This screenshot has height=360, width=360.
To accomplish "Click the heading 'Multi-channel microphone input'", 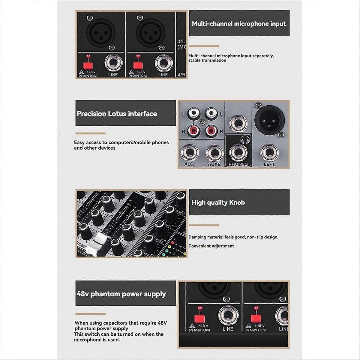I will pos(239,24).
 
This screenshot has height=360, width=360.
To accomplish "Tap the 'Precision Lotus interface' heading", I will pos(117,114).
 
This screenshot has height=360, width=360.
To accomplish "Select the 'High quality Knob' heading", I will pos(218,202).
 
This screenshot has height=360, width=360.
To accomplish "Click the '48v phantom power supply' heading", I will pos(121,294).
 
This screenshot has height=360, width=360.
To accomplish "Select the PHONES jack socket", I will pos(238,152).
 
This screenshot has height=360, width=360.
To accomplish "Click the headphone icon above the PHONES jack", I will pos(245,139).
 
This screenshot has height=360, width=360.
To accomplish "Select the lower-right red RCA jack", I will pos(211,130).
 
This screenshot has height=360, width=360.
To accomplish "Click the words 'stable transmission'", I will pos(207,60).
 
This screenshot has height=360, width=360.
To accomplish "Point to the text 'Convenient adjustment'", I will pos(211,246).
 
